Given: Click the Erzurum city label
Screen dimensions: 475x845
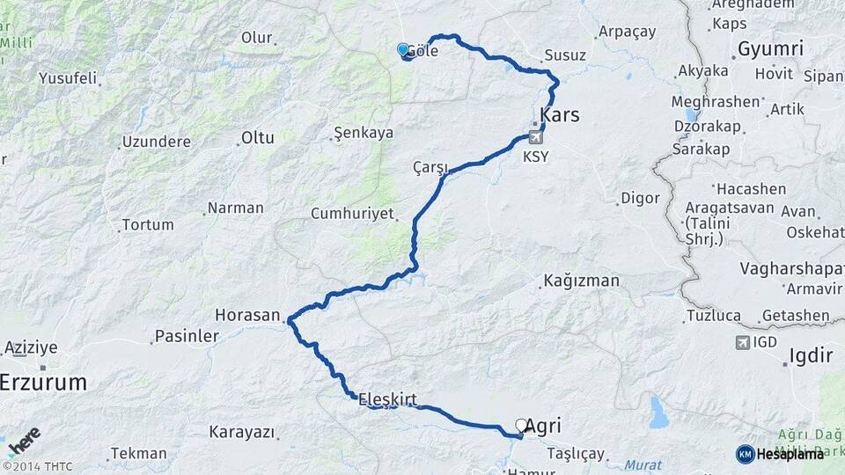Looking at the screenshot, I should tap(44, 383).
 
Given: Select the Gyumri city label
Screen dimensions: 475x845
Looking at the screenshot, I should tap(770, 48).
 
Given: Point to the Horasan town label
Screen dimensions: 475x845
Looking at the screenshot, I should tap(247, 315).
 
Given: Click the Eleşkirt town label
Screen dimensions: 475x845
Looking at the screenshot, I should tap(387, 398).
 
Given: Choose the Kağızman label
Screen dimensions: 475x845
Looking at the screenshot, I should tap(582, 281).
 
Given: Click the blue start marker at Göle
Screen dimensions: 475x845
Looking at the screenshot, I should tap(403, 50).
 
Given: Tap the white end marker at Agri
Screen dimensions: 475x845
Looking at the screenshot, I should tap(521, 425).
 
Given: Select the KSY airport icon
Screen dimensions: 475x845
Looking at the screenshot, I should tap(535, 137).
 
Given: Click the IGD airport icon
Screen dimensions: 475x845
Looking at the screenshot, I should tap(742, 341).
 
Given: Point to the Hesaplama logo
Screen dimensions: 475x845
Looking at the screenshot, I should tap(781, 453).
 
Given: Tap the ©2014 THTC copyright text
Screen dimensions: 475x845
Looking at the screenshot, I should tap(38, 466).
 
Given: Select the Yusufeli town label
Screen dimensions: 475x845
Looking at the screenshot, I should tap(68, 78).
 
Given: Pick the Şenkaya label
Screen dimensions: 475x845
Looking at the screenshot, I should tap(363, 134).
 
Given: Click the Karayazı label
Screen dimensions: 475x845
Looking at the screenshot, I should tap(242, 433).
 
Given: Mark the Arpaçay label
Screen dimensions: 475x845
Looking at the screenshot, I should tap(627, 32).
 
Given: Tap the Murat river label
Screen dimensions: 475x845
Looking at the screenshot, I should tap(645, 464).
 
